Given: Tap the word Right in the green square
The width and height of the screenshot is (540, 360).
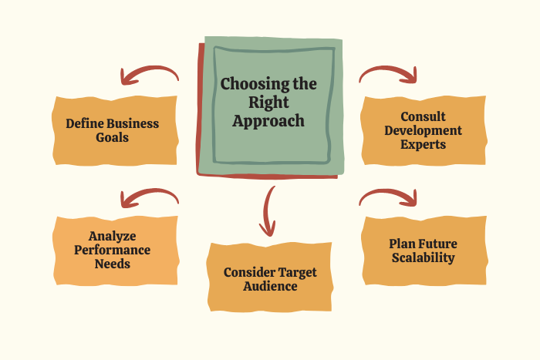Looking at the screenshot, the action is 268,103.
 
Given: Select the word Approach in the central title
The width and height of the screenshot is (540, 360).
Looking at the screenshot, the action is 268,121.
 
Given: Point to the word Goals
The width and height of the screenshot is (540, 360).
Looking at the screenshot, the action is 113,137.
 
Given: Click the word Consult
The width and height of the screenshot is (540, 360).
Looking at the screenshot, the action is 423,116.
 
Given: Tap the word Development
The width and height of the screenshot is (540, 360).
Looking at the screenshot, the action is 424,130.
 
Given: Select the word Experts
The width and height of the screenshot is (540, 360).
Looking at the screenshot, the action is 423,144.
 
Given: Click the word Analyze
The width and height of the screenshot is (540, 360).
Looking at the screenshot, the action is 113,236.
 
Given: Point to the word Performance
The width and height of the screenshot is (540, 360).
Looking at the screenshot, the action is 113,250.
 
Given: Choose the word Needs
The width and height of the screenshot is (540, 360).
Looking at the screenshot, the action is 113,264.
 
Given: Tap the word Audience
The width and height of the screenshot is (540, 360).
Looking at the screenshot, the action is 270,286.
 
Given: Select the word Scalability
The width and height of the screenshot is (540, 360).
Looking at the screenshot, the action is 424,257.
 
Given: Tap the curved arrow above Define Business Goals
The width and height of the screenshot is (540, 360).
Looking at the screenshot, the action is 149,69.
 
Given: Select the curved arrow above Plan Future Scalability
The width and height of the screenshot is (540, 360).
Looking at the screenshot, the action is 388,191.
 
